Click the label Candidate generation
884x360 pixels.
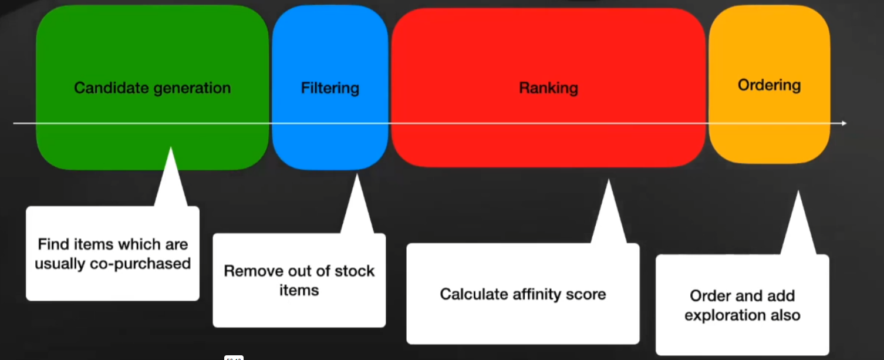pos(152,88)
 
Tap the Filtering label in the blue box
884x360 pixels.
pos(330,88)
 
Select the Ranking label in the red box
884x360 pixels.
pos(548,88)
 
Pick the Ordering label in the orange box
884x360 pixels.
pos(769,85)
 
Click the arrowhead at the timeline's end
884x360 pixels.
pos(843,123)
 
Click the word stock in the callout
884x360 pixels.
pos(355,271)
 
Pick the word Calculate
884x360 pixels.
pos(467,294)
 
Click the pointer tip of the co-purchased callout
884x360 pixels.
pos(171,149)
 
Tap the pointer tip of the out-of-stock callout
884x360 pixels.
pos(356,174)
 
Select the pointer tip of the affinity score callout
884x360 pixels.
pos(608,181)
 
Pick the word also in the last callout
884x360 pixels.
pos(785,315)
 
